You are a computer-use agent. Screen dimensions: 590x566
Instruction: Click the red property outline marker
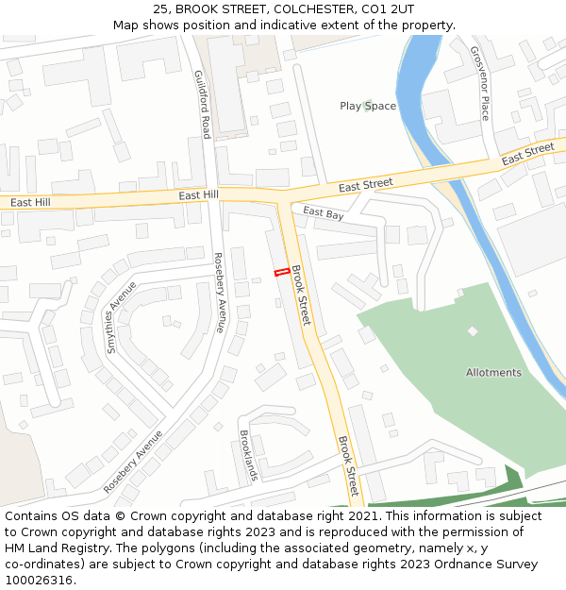pos(281,273)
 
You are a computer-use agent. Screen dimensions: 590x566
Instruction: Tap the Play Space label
pos(368,106)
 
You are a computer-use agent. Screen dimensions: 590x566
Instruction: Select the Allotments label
pos(493,373)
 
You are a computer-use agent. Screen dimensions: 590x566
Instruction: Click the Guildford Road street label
pos(202,105)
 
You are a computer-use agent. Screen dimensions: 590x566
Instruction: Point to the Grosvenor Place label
pos(479,84)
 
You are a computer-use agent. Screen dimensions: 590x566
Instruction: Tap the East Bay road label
pos(324,213)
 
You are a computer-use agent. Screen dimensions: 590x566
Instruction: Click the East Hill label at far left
pos(30,203)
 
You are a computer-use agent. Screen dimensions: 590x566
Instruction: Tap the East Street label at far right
pos(527,155)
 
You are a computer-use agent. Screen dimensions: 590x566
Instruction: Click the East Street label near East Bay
pos(365,185)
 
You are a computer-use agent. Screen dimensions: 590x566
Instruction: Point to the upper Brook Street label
pos(300,296)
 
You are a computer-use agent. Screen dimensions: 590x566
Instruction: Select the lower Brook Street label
pos(347,466)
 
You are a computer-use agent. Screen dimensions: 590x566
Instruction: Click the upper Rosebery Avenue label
pos(219,293)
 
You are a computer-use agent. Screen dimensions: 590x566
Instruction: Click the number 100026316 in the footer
pos(39,581)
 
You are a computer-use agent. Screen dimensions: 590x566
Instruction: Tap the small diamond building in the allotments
pos(473,331)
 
